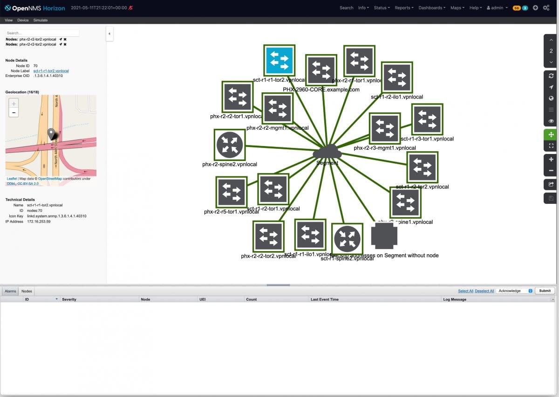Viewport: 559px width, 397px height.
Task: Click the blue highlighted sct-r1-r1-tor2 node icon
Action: click(x=279, y=60)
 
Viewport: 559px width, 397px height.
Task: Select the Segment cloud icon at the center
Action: click(x=327, y=152)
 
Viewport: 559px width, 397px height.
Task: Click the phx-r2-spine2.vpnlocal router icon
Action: click(x=229, y=145)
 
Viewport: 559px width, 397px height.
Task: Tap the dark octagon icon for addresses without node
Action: click(x=384, y=236)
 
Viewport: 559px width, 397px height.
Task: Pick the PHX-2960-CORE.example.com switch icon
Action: click(x=321, y=70)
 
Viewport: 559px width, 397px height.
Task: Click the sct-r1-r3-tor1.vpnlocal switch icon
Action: click(x=427, y=119)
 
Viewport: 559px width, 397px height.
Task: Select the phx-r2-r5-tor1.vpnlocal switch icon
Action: click(x=232, y=192)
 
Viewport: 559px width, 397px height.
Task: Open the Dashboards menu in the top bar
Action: click(x=432, y=8)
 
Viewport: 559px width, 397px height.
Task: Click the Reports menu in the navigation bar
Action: click(x=404, y=8)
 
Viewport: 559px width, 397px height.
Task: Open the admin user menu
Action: click(x=497, y=8)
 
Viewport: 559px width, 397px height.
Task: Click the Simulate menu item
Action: click(x=41, y=21)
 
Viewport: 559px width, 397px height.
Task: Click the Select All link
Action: click(x=465, y=291)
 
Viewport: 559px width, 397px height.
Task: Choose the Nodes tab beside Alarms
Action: click(x=27, y=291)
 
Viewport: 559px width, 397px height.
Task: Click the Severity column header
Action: click(x=69, y=299)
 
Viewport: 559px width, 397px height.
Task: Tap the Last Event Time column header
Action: click(x=325, y=299)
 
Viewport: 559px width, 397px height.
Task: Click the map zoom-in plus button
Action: click(x=14, y=104)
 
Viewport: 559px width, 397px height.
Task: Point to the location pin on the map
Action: click(x=51, y=133)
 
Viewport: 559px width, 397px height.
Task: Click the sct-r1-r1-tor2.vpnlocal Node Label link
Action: click(x=51, y=71)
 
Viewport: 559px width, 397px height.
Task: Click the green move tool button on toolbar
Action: click(x=551, y=134)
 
